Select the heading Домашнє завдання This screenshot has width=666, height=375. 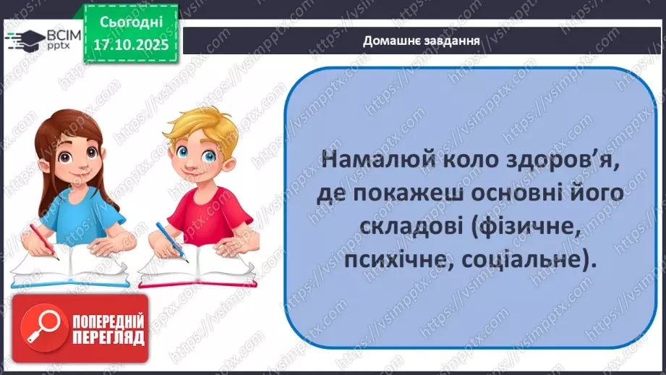[422, 41]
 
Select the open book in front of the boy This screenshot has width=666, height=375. [197, 266]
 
